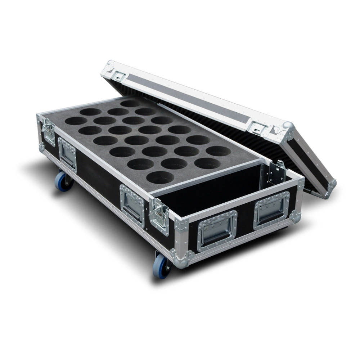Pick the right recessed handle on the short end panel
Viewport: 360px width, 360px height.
pyautogui.click(x=272, y=210)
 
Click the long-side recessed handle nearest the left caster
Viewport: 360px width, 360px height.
pyautogui.click(x=67, y=154)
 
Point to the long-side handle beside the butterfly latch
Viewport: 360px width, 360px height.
pyautogui.click(x=132, y=204)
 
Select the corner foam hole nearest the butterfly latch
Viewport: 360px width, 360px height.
pyautogui.click(x=160, y=177)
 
